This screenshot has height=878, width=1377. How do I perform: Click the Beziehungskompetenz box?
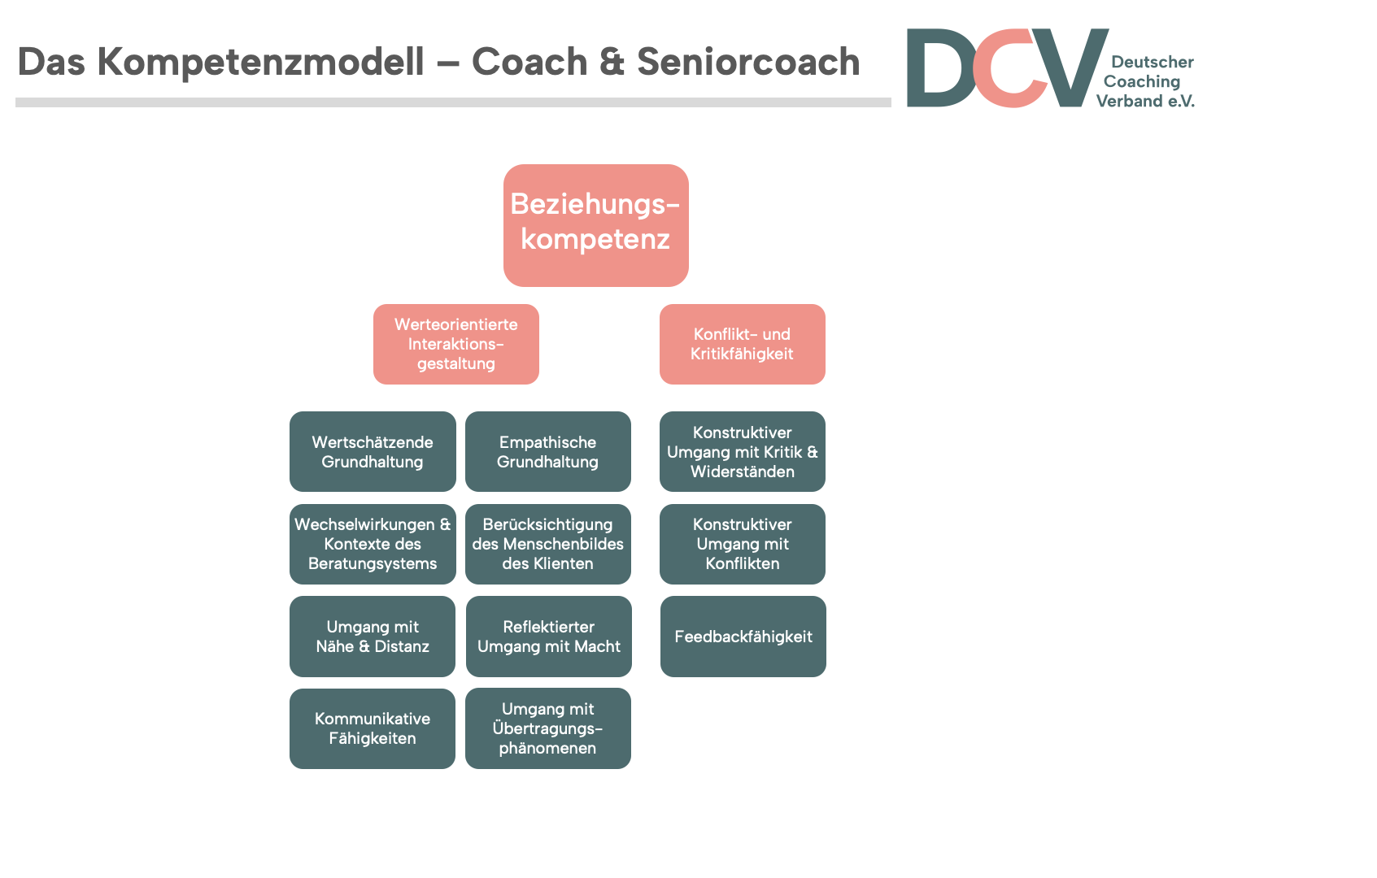coord(595,225)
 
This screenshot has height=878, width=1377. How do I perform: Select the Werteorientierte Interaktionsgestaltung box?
coord(456,344)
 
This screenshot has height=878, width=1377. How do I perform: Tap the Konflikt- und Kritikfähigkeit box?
coord(742,344)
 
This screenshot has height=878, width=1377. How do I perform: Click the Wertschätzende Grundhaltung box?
coord(373,451)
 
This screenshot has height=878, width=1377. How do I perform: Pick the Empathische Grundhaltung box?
coord(547,451)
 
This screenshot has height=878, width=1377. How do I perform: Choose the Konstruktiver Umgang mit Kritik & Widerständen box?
coord(742,451)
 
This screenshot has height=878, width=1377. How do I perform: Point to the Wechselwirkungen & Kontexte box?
coord(373,544)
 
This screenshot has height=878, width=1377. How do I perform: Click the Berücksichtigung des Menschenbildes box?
coord(547,544)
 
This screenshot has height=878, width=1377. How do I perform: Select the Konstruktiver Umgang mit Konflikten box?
coord(742,544)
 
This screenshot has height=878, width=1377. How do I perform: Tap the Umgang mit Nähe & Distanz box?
coord(373,637)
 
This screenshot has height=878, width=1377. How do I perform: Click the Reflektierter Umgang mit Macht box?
coord(548,637)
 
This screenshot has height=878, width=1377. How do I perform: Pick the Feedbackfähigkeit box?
coord(743,637)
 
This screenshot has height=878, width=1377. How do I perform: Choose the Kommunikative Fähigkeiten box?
coord(373,728)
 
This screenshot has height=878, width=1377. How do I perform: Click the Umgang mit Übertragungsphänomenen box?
coord(547,728)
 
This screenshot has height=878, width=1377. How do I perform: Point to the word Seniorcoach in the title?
coord(748,62)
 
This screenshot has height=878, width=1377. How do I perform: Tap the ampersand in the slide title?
coord(612,62)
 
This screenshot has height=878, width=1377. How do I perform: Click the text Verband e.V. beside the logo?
coord(1145,102)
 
